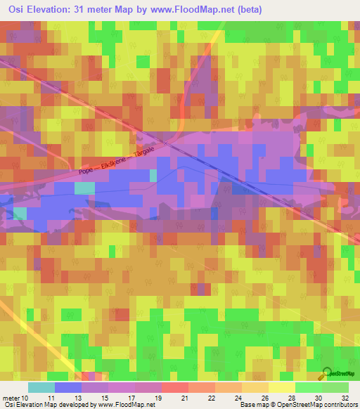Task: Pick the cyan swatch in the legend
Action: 41,387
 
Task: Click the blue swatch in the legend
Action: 68,387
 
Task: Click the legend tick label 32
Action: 344,397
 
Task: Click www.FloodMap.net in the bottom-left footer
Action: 124,405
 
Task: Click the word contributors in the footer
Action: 337,405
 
